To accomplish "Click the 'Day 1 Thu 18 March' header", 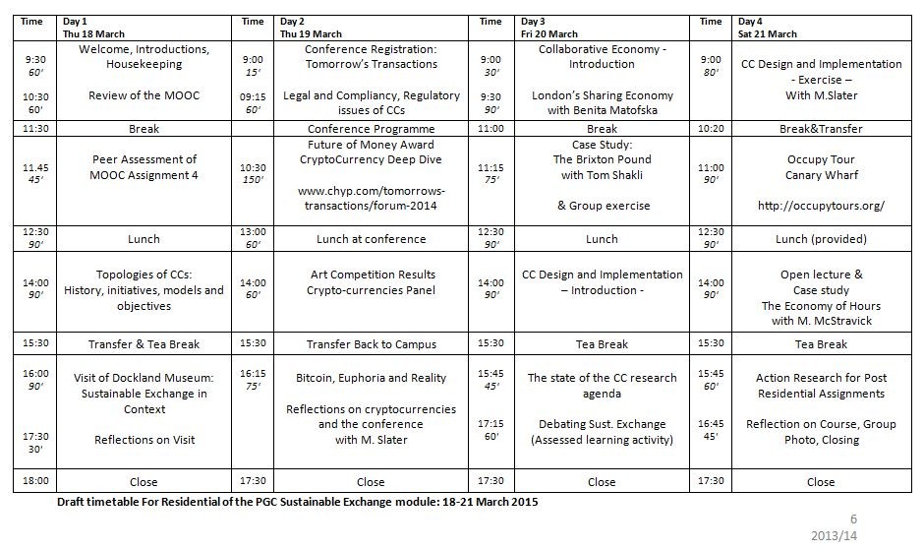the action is tap(93, 28).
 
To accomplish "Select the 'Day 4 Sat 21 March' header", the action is tap(768, 28).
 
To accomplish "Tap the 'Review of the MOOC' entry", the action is tap(144, 95).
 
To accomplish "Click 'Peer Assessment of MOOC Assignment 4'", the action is tap(144, 167).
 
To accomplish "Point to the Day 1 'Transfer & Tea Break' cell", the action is tap(144, 344).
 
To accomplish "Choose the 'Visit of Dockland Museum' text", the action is tap(144, 378).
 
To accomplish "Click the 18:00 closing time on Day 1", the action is tap(35, 481).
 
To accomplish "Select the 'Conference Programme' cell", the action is tap(372, 129).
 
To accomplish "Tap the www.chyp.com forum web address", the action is tap(372, 199).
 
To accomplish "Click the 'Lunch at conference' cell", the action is tap(372, 239).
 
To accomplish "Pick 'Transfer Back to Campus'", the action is tap(372, 344).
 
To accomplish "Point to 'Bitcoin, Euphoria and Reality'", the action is tap(372, 378).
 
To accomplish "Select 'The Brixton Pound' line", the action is tap(602, 159).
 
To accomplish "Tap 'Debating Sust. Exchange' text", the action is tap(602, 424).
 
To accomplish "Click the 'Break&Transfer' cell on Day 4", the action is tap(821, 129).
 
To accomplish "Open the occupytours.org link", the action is tap(821, 206).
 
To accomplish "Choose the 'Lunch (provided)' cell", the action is tap(821, 239).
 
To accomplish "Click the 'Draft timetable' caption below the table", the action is tap(298, 502).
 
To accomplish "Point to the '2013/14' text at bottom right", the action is tap(834, 536).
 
